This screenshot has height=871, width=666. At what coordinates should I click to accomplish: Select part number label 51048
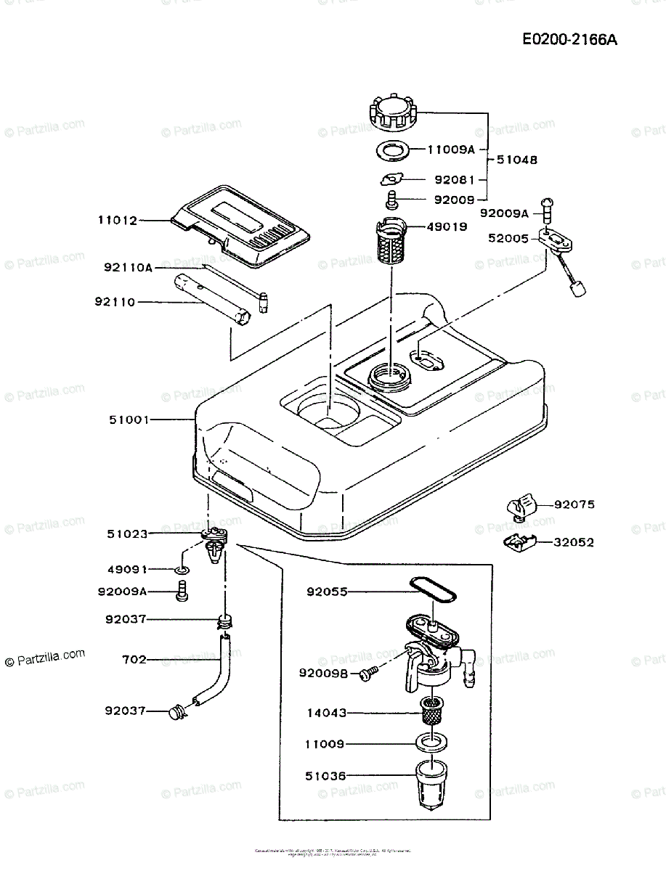[x=516, y=160]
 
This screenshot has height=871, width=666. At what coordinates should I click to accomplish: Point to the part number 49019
[x=447, y=226]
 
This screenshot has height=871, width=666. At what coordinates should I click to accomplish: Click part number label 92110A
[x=128, y=268]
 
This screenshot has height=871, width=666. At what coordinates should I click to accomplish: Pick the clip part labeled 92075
[x=521, y=507]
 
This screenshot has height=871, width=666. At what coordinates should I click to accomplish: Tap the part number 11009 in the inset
[x=325, y=745]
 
